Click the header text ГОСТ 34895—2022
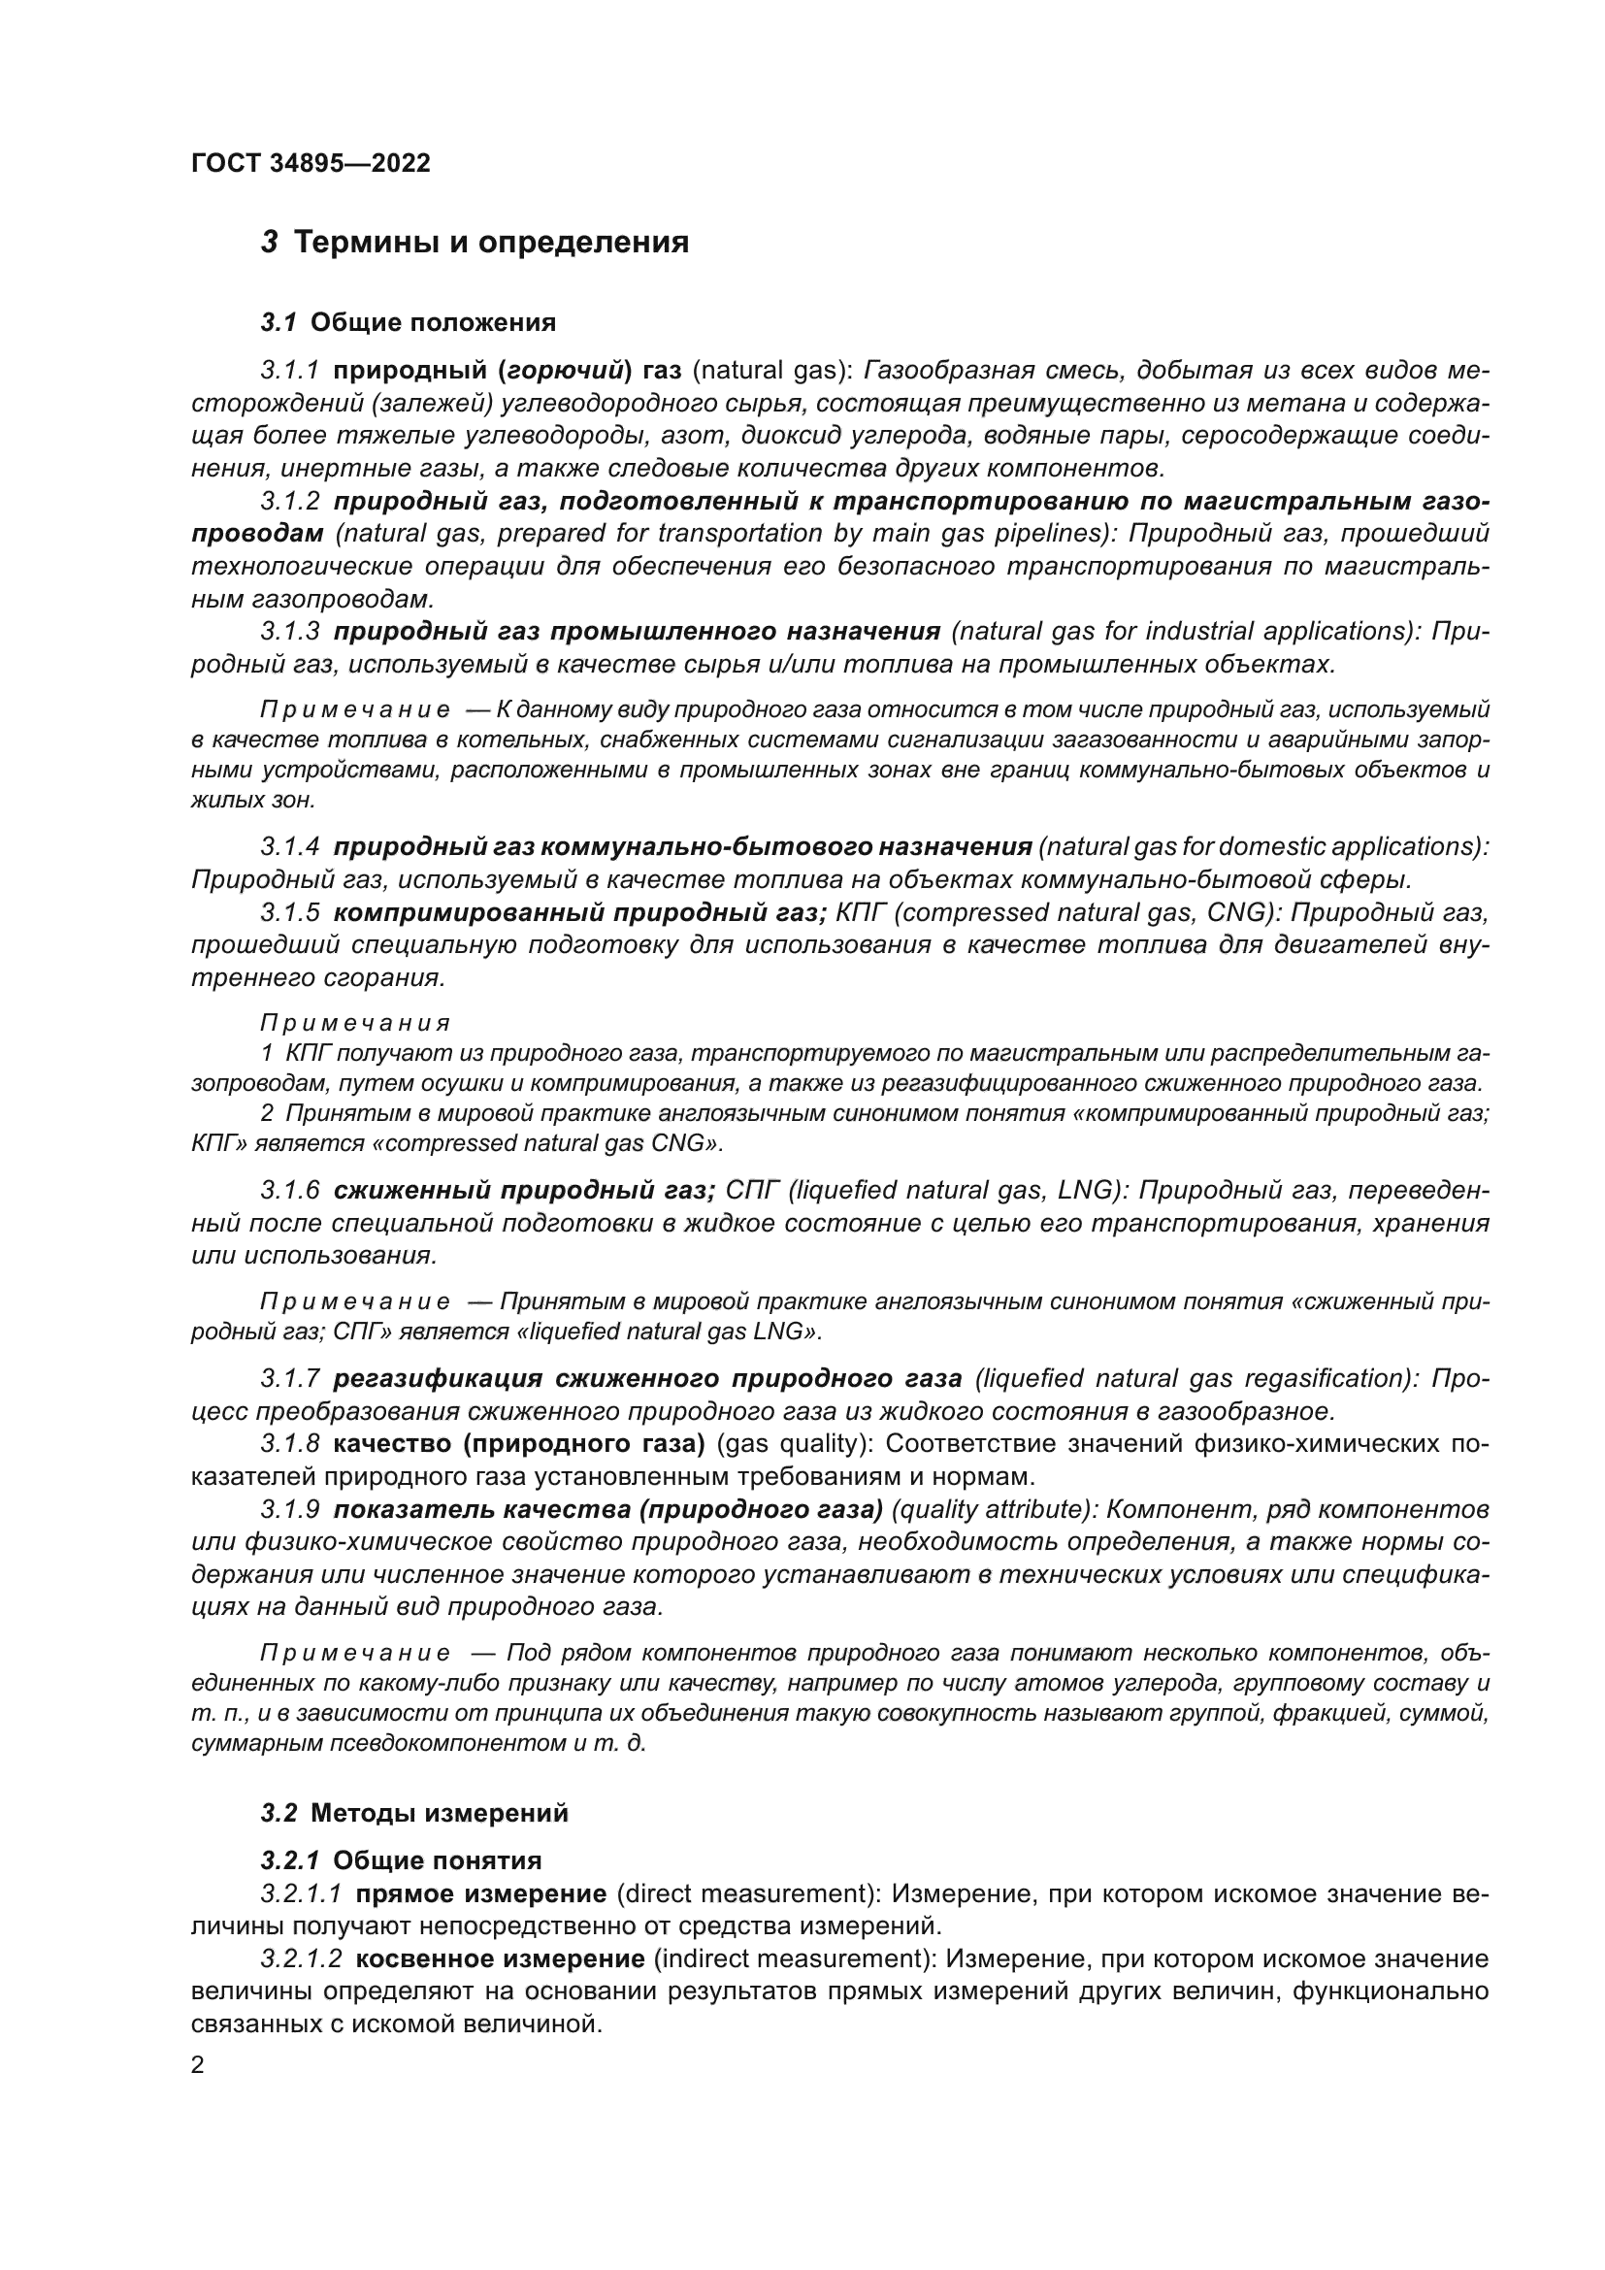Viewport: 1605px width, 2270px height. coord(311,163)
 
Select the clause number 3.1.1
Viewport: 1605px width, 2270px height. coord(289,371)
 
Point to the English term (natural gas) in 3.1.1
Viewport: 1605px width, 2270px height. coord(770,371)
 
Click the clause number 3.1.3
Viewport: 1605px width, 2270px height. coord(289,631)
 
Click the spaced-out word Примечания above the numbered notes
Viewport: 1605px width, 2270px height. coord(355,1023)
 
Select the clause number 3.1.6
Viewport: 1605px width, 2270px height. coord(289,1191)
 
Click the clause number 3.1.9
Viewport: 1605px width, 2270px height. coord(289,1510)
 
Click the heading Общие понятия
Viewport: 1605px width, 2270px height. coord(437,1860)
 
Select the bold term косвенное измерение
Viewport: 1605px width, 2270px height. coord(500,1958)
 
